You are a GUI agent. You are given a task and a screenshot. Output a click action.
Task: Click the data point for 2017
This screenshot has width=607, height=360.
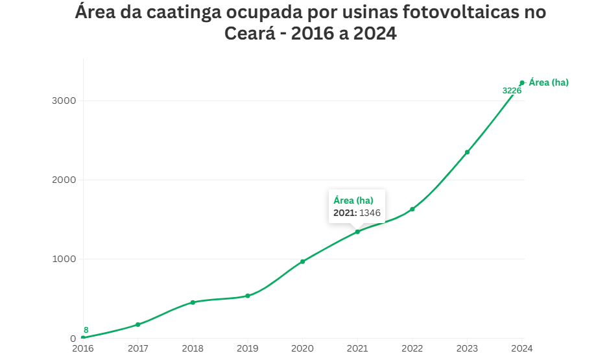pyautogui.click(x=138, y=324)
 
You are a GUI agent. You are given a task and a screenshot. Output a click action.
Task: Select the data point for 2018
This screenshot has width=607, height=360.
pyautogui.click(x=193, y=302)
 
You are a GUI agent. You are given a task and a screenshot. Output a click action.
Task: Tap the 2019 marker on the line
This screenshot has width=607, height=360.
pyautogui.click(x=248, y=296)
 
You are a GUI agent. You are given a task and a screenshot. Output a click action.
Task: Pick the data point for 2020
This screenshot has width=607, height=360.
pyautogui.click(x=302, y=261)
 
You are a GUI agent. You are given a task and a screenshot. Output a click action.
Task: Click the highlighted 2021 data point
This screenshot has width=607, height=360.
pyautogui.click(x=357, y=232)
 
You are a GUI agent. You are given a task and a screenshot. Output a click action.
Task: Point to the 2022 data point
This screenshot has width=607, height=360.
pyautogui.click(x=412, y=209)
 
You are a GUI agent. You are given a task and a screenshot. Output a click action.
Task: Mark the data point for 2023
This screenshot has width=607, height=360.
pyautogui.click(x=467, y=152)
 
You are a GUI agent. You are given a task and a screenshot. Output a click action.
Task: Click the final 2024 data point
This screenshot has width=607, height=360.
pyautogui.click(x=522, y=82)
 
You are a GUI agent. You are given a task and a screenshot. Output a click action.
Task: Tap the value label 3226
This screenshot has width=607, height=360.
pyautogui.click(x=512, y=91)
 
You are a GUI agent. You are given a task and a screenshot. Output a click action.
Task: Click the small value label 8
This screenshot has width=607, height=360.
pyautogui.click(x=86, y=330)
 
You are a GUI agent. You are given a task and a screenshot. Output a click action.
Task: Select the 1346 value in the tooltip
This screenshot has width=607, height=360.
pyautogui.click(x=370, y=213)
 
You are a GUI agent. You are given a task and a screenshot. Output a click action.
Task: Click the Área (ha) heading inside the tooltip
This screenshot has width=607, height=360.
pyautogui.click(x=353, y=200)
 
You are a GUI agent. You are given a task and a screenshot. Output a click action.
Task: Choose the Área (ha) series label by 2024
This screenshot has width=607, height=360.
pyautogui.click(x=549, y=82)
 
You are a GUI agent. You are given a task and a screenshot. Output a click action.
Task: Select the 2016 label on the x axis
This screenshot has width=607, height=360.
pyautogui.click(x=83, y=349)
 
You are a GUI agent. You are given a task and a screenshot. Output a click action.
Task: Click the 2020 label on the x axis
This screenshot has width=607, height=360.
pyautogui.click(x=302, y=349)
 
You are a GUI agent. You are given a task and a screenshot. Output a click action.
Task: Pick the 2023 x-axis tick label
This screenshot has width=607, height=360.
pyautogui.click(x=467, y=349)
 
